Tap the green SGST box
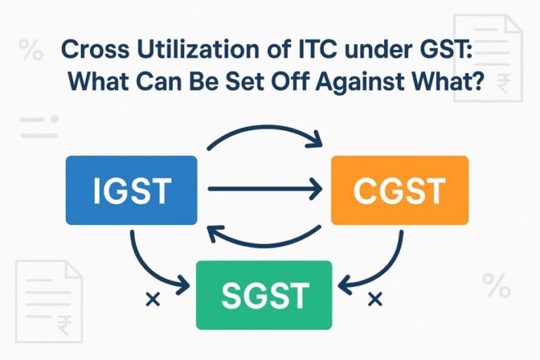pyautogui.click(x=264, y=295)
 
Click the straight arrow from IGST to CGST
pyautogui.click(x=264, y=189)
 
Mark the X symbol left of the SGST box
pyautogui.click(x=149, y=300)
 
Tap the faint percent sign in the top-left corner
pyautogui.click(x=30, y=51)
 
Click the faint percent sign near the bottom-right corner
pyautogui.click(x=496, y=285)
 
